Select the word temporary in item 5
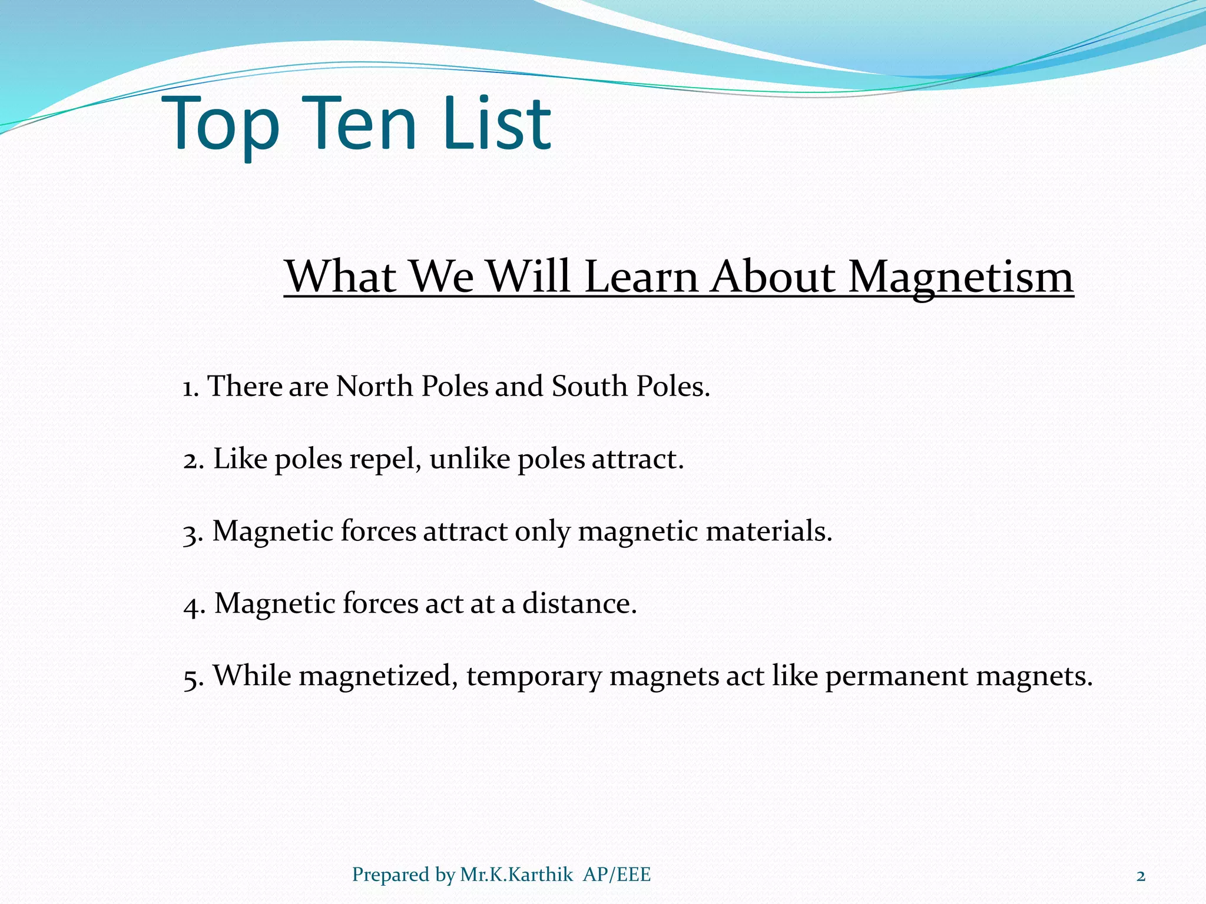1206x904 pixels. point(534,677)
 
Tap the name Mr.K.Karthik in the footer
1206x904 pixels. point(516,875)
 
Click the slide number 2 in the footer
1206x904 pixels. point(1141,876)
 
